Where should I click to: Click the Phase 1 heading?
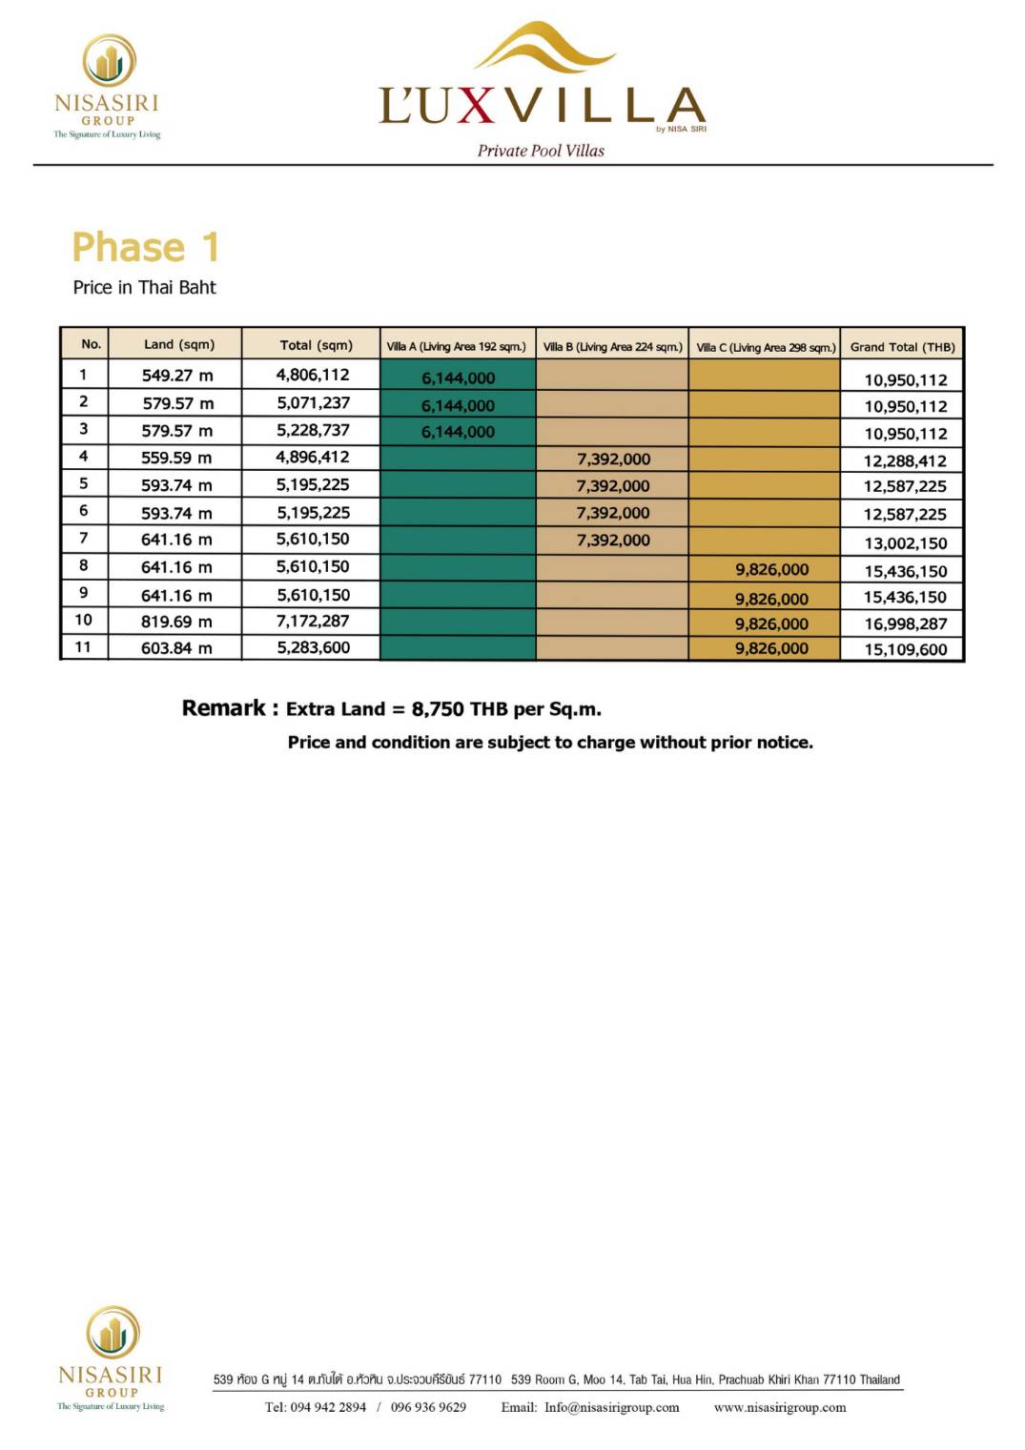point(146,248)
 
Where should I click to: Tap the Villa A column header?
point(456,347)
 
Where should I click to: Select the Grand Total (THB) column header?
point(902,347)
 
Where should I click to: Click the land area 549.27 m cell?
point(177,376)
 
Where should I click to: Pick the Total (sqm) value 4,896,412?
point(313,458)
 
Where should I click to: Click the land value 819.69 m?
point(177,622)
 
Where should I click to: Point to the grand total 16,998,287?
point(905,624)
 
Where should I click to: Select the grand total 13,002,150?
point(905,543)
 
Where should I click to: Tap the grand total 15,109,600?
point(905,650)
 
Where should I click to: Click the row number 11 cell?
point(84,647)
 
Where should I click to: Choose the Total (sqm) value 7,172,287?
point(313,622)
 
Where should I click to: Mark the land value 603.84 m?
point(177,648)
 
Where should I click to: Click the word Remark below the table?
point(224,708)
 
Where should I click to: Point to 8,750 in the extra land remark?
point(438,709)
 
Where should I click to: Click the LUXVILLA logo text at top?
point(542,106)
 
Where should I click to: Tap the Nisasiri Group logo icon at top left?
point(109,60)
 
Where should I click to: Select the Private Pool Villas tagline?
point(541,151)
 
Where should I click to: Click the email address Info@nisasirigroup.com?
point(611,1408)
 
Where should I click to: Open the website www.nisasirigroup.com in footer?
point(779,1408)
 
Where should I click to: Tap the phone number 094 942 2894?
point(328,1408)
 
